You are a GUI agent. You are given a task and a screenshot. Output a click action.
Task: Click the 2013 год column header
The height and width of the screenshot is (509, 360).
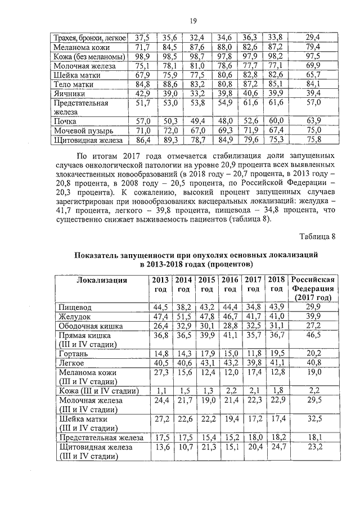click(x=160, y=285)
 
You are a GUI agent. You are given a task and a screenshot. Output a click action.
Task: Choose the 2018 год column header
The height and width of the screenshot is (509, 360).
click(x=276, y=285)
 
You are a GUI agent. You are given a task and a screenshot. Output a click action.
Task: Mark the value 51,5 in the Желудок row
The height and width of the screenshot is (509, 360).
click(x=183, y=317)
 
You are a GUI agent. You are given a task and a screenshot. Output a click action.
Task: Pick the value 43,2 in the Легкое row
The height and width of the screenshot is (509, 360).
click(x=230, y=363)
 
